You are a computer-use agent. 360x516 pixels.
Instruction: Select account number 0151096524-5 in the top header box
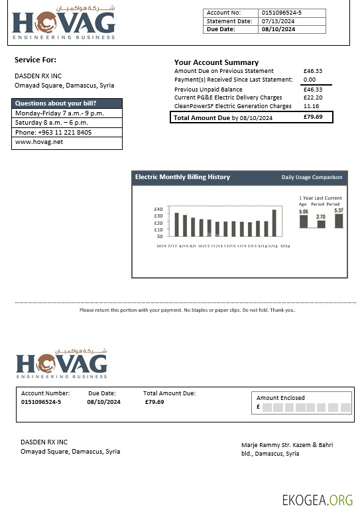282,13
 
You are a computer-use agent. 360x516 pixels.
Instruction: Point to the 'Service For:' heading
35,60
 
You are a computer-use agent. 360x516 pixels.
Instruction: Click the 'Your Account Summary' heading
216,62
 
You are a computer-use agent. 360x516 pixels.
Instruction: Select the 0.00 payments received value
310,80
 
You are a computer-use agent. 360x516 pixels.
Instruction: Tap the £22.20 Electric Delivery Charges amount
312,97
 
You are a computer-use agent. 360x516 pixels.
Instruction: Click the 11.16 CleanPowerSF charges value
311,106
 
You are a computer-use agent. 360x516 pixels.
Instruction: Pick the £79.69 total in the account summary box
312,117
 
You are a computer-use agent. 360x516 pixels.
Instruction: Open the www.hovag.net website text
34,141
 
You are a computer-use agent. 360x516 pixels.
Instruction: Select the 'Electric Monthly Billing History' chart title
182,177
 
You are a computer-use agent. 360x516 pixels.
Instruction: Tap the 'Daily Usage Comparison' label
312,178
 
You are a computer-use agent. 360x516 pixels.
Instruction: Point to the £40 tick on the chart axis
158,210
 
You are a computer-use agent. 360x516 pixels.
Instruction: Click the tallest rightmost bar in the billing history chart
274,223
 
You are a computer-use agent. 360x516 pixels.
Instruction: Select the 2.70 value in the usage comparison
321,217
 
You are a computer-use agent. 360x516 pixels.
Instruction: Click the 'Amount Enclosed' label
280,398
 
